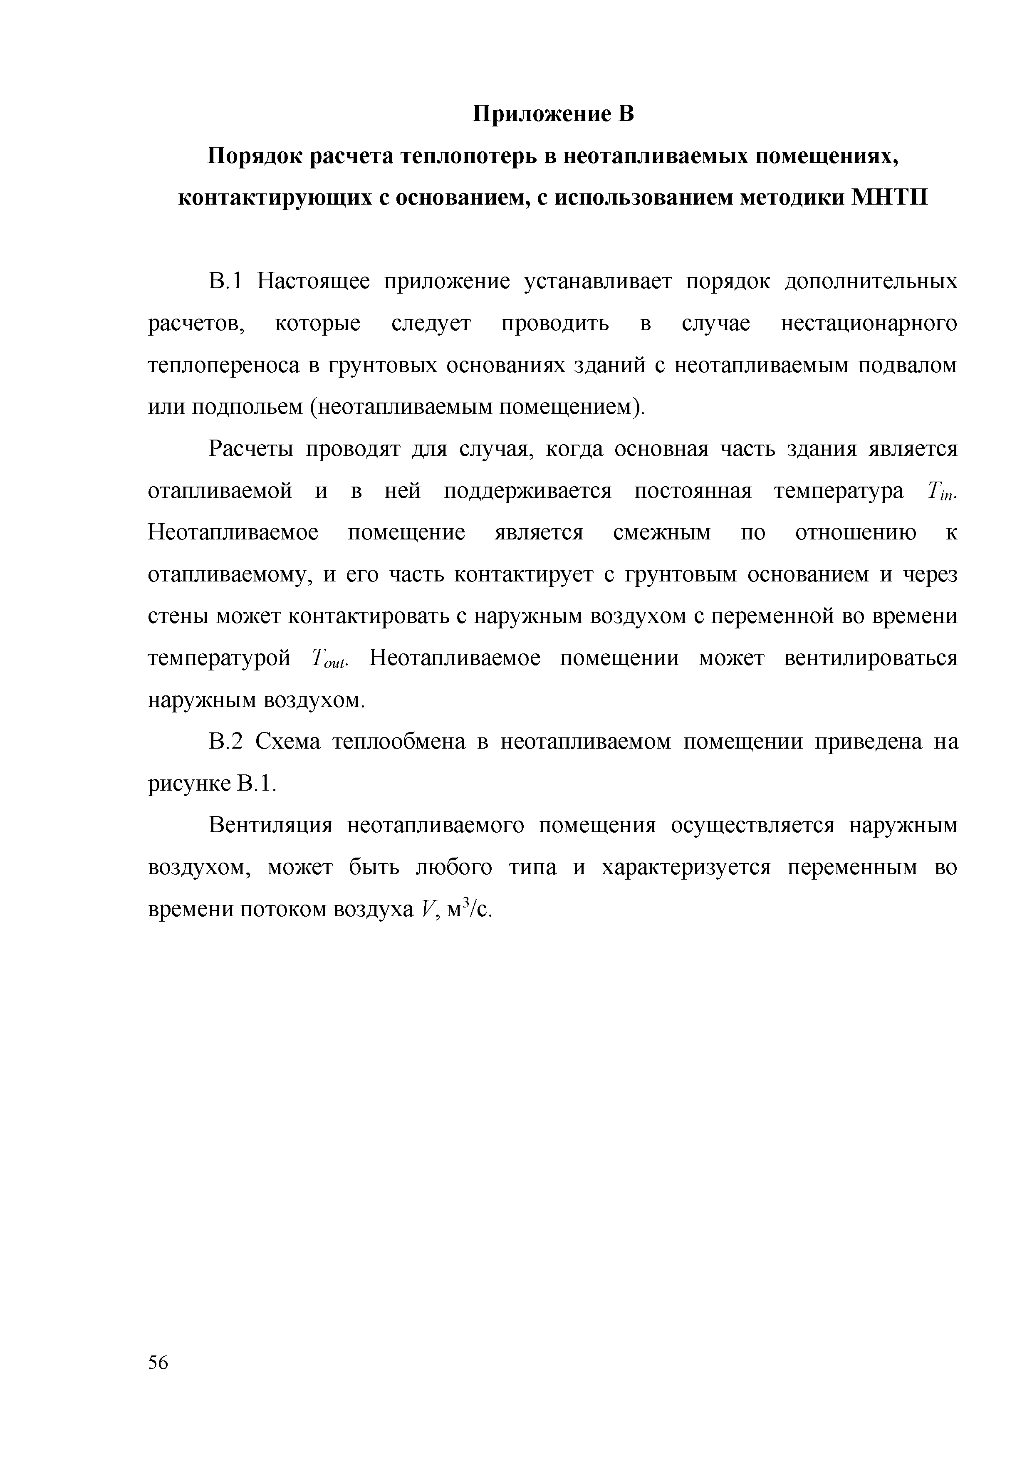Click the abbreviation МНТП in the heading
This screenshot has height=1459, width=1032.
(890, 198)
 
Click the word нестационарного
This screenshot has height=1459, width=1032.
(869, 324)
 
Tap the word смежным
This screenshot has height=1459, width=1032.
(662, 532)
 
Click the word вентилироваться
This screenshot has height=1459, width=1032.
(871, 658)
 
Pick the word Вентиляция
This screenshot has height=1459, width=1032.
(271, 826)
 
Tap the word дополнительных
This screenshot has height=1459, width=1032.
(871, 282)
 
